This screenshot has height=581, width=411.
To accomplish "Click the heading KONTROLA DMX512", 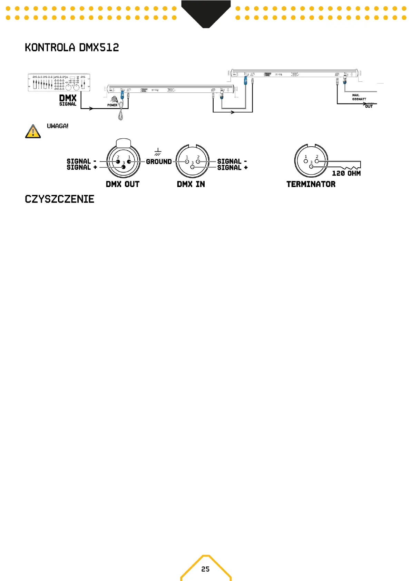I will click(x=72, y=47).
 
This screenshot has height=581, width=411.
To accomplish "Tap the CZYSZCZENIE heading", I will click(x=59, y=199).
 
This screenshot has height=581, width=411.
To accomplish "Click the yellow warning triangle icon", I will click(x=33, y=131).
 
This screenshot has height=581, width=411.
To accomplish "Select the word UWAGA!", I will click(x=58, y=126).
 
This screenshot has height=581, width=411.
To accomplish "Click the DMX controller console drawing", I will click(x=59, y=82).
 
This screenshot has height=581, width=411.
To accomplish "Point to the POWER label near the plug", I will click(x=112, y=105).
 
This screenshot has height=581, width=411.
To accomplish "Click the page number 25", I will click(x=205, y=569).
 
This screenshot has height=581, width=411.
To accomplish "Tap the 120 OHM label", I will click(x=346, y=173).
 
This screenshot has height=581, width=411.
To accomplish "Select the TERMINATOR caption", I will click(x=311, y=184).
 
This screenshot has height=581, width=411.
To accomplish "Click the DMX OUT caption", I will click(x=123, y=184).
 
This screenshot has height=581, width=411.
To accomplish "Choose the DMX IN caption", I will click(x=191, y=184).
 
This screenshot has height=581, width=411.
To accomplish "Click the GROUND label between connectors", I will click(x=159, y=161).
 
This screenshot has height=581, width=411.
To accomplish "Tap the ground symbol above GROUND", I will click(x=158, y=152).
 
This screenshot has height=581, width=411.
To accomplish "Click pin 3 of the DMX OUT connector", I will click(x=124, y=167).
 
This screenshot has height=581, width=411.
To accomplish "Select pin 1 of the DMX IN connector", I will click(x=187, y=161).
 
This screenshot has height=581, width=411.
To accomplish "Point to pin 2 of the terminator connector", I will click(x=317, y=161).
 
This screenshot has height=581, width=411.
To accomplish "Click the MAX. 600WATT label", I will click(x=359, y=97).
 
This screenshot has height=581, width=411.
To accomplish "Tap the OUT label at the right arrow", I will click(x=369, y=106).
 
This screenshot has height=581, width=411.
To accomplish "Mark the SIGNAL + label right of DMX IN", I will click(x=232, y=168).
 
